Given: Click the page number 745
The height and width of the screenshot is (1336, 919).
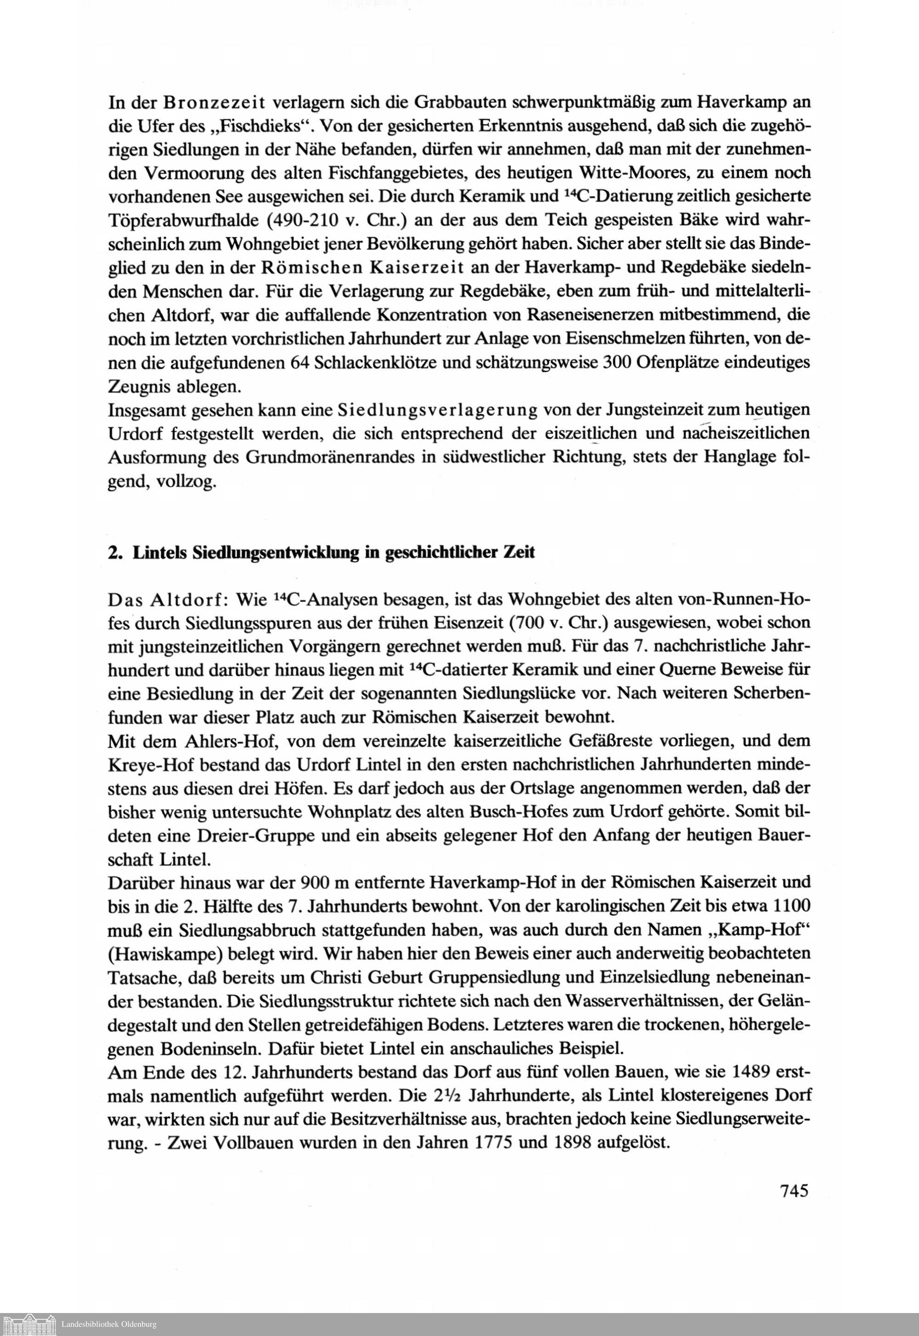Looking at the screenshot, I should pyautogui.click(x=794, y=1190).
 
